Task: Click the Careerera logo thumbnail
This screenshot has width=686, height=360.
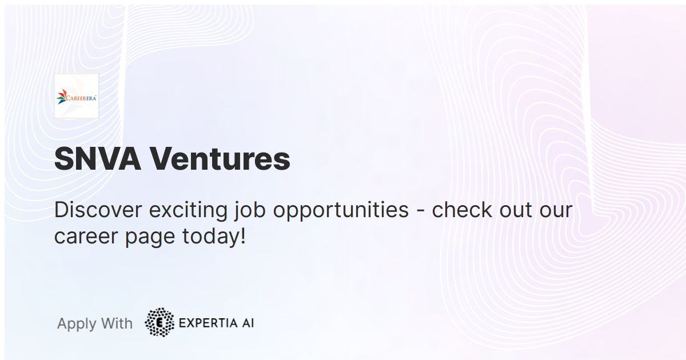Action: click(x=77, y=96)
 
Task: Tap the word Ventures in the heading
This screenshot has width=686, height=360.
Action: click(x=220, y=159)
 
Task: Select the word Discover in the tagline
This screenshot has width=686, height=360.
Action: click(x=98, y=210)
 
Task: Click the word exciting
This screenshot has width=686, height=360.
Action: click(x=189, y=210)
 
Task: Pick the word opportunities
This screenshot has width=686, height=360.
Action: click(x=341, y=211)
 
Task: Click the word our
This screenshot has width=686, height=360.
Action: click(x=556, y=210)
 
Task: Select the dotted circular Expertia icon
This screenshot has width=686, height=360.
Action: click(x=159, y=322)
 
